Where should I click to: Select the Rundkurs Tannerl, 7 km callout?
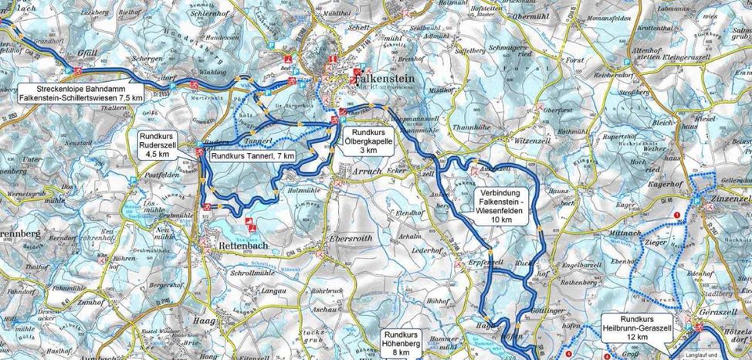(252, 155)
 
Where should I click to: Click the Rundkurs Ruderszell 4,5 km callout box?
(161, 144)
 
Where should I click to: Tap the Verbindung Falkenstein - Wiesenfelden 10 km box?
(501, 205)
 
